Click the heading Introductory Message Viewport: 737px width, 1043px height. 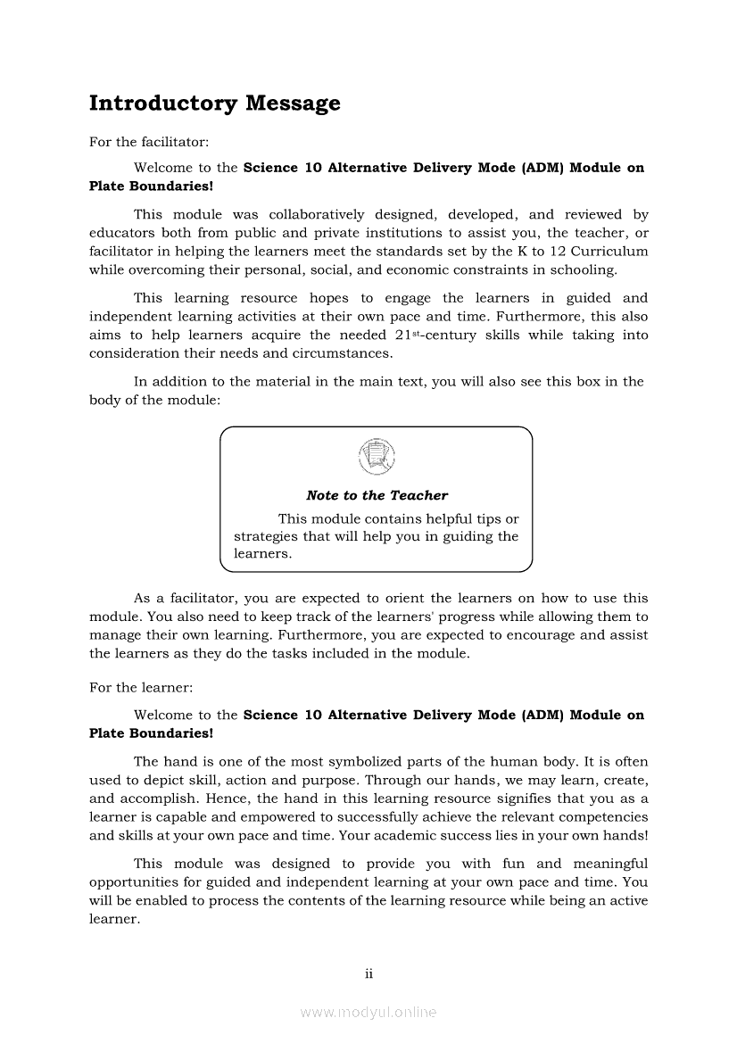214,103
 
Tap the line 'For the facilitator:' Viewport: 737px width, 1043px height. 149,142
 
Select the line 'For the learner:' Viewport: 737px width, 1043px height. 140,688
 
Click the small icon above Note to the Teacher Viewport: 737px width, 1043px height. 376,458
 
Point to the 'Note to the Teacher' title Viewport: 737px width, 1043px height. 377,495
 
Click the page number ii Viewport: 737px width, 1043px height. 368,973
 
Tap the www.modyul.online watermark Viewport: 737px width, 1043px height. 368,1012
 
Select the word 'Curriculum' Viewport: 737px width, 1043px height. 609,252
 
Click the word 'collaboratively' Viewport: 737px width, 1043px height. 317,214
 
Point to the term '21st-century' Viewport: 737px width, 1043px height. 444,335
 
